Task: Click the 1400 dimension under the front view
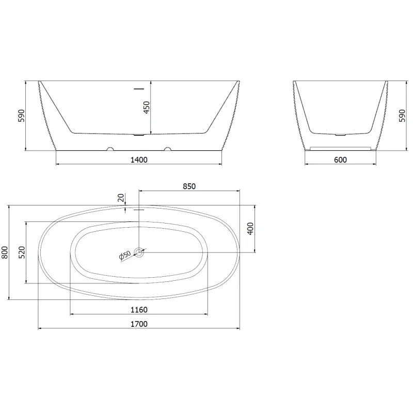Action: click(139, 160)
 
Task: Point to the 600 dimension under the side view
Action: click(340, 160)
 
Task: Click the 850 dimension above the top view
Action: click(189, 186)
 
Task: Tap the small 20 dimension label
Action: click(121, 198)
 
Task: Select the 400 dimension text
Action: click(251, 228)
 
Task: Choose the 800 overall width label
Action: click(5, 251)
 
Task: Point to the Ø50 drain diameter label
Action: click(124, 256)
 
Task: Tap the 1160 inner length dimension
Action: click(139, 310)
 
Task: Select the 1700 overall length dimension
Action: click(139, 324)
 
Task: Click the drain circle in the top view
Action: click(139, 252)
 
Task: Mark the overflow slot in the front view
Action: click(139, 89)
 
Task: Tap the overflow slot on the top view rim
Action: click(139, 210)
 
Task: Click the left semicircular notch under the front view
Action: click(109, 150)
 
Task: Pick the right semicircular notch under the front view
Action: click(167, 150)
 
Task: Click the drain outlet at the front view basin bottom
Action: click(139, 136)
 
